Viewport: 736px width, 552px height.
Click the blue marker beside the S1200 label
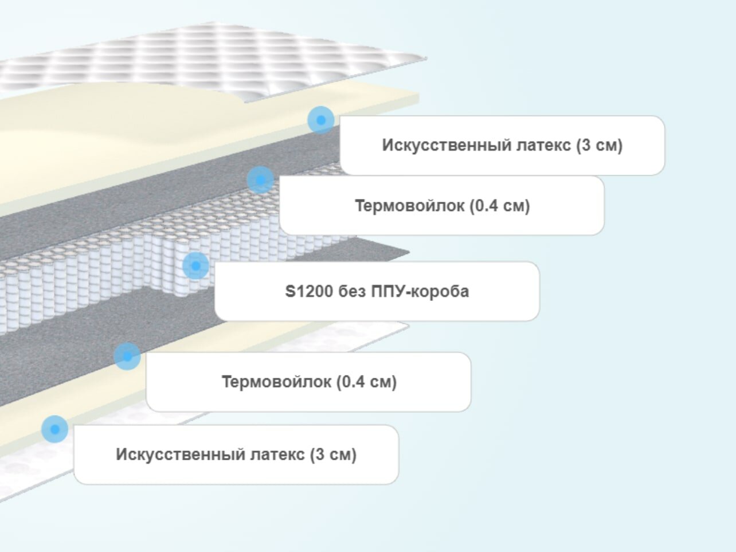click(195, 266)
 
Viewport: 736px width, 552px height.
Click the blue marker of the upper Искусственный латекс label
click(321, 120)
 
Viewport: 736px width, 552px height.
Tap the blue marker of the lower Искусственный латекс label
click(54, 429)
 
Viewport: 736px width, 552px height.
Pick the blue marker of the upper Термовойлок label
click(260, 180)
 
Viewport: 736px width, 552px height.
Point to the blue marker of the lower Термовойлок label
click(127, 357)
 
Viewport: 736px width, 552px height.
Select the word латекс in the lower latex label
click(278, 455)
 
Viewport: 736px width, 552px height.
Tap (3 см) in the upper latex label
click(600, 145)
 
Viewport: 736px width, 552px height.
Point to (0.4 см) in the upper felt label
click(499, 205)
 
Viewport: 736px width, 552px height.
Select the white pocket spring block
click(115, 269)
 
